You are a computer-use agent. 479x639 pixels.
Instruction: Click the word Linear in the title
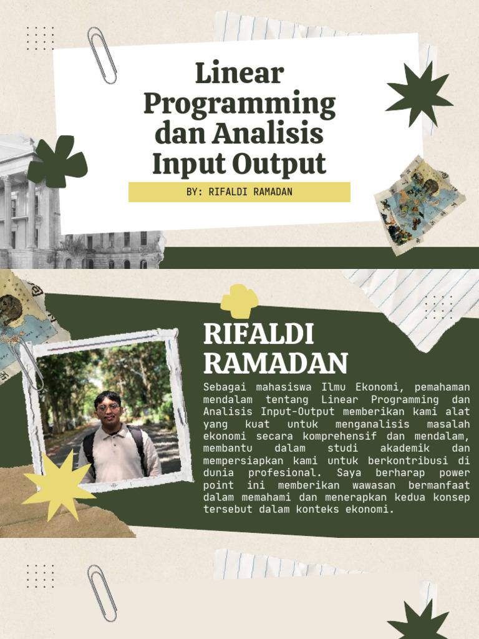coord(239,74)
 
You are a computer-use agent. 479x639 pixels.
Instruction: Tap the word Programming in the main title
coord(239,104)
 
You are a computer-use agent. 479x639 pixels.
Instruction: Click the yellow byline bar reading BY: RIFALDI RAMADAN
coord(239,192)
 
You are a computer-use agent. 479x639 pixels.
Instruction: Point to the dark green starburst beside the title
coord(419,94)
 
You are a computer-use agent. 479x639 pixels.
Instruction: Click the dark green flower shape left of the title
coord(57,162)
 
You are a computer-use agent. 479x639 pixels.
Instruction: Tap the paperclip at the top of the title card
coord(102,55)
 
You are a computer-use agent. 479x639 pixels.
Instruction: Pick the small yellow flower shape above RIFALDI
coord(239,301)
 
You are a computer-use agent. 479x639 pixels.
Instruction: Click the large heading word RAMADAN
coord(275,363)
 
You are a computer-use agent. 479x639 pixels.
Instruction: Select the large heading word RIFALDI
coord(258,335)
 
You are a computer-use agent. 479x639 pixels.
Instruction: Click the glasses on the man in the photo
coord(109,407)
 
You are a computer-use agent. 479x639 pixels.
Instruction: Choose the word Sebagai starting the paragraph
coord(222,387)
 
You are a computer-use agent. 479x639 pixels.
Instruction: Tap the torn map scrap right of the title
coord(419,206)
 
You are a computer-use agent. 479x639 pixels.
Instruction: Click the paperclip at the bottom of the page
coord(102,593)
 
